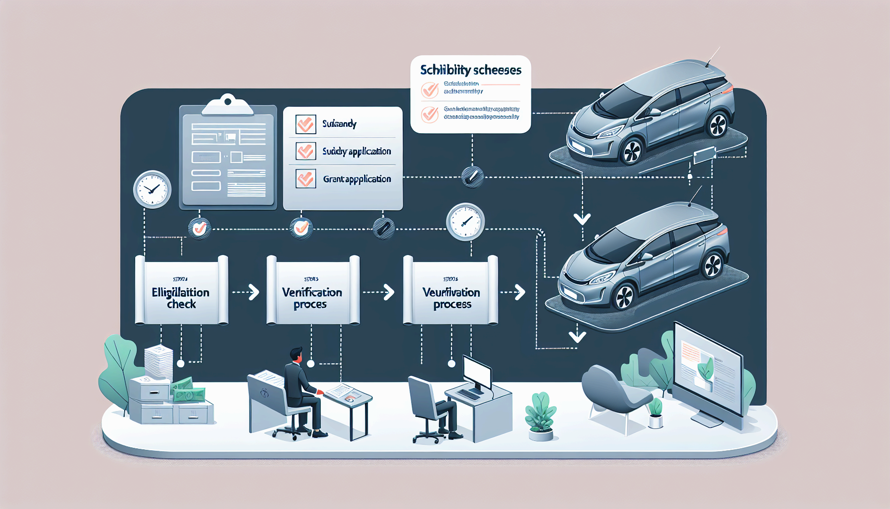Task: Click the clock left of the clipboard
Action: [152, 189]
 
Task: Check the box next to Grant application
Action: [305, 178]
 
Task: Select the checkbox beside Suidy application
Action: [305, 151]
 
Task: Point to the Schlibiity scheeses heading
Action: [471, 70]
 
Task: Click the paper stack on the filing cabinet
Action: [158, 361]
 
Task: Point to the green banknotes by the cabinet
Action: [187, 391]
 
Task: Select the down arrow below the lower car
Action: [577, 337]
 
